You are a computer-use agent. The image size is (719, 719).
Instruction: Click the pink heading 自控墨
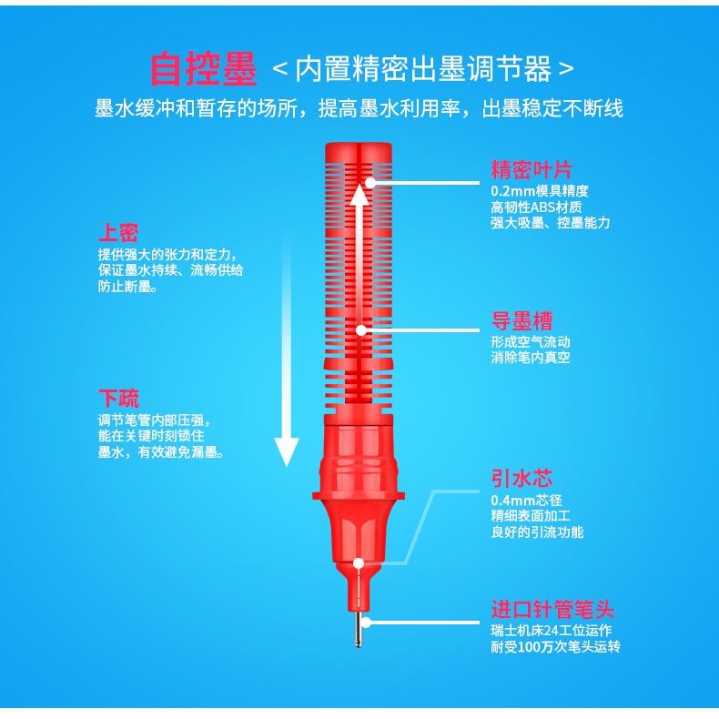(204, 69)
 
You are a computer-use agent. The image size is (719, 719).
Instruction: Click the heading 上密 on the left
(118, 232)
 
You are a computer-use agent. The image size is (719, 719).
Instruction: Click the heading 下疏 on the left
(118, 398)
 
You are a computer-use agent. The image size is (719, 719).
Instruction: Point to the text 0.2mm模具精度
(540, 191)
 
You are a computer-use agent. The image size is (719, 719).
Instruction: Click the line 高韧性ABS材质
(539, 207)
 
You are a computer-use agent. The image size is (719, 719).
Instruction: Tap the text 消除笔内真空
(530, 358)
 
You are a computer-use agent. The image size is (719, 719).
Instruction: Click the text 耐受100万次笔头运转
(555, 647)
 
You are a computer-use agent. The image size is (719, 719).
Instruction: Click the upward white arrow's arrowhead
(361, 192)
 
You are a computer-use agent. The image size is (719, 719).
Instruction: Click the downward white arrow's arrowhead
(287, 451)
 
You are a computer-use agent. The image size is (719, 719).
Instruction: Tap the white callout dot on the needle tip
(365, 622)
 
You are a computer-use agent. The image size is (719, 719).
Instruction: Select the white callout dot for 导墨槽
(361, 330)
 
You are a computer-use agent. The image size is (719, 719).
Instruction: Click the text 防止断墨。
(127, 287)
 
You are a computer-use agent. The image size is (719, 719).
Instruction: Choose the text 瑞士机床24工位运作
(551, 631)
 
